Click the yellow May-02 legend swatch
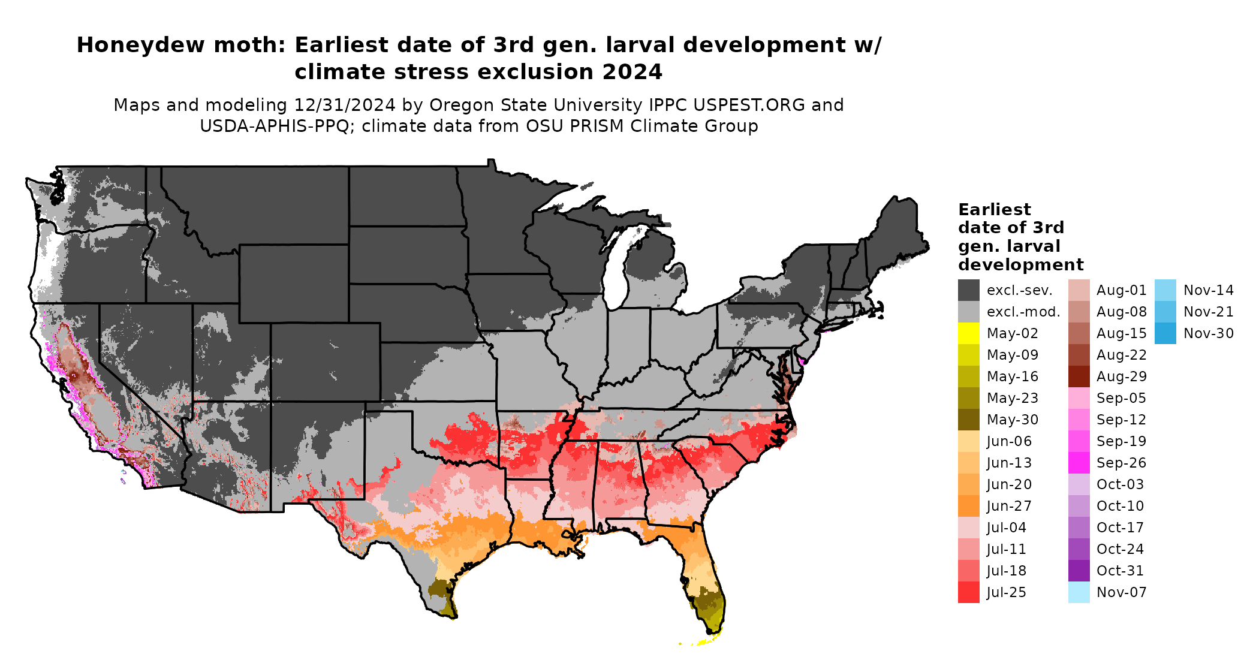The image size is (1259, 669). [x=968, y=333]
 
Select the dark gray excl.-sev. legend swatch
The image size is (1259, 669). [x=968, y=290]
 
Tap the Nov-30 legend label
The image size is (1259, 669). [x=1208, y=333]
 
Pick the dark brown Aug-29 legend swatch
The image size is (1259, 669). [x=1079, y=376]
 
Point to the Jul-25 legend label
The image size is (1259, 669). [x=1006, y=592]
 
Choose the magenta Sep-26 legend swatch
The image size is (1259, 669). [x=1079, y=463]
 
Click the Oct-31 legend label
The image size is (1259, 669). [x=1120, y=571]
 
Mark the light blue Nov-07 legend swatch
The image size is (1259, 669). [x=1079, y=592]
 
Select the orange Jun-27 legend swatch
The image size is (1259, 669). [x=968, y=506]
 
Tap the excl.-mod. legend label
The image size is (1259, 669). [x=1023, y=312]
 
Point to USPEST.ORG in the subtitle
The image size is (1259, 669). [x=749, y=105]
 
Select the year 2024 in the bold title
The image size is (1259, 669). [x=632, y=72]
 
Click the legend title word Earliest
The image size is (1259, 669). [x=994, y=210]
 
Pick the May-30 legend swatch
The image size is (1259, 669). [x=968, y=420]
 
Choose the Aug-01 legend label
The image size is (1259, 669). [x=1121, y=290]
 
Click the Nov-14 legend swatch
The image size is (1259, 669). [x=1165, y=290]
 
